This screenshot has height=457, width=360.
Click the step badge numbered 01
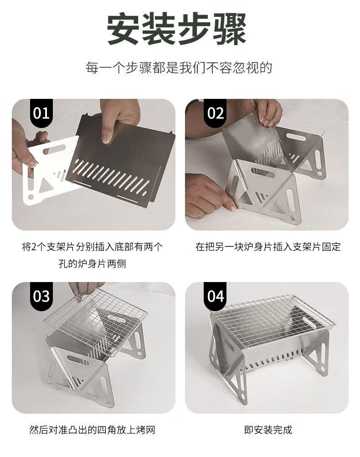(41, 113)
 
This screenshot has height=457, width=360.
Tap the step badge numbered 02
(215, 113)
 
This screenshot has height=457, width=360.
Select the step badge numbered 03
(41, 296)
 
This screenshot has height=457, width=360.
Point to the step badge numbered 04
(215, 296)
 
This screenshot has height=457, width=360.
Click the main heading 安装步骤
(177, 29)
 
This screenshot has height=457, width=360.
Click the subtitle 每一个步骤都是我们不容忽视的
(179, 67)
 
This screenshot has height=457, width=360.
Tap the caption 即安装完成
(268, 430)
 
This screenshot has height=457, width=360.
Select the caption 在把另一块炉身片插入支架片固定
(268, 246)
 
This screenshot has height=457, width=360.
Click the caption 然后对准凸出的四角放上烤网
(92, 430)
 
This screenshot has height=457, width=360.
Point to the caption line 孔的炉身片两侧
(92, 263)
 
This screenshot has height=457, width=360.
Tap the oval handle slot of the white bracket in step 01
(54, 149)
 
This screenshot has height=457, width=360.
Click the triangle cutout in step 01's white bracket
(45, 185)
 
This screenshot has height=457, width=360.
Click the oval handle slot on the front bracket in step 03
(78, 360)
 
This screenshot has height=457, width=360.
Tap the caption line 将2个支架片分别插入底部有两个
(92, 246)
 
